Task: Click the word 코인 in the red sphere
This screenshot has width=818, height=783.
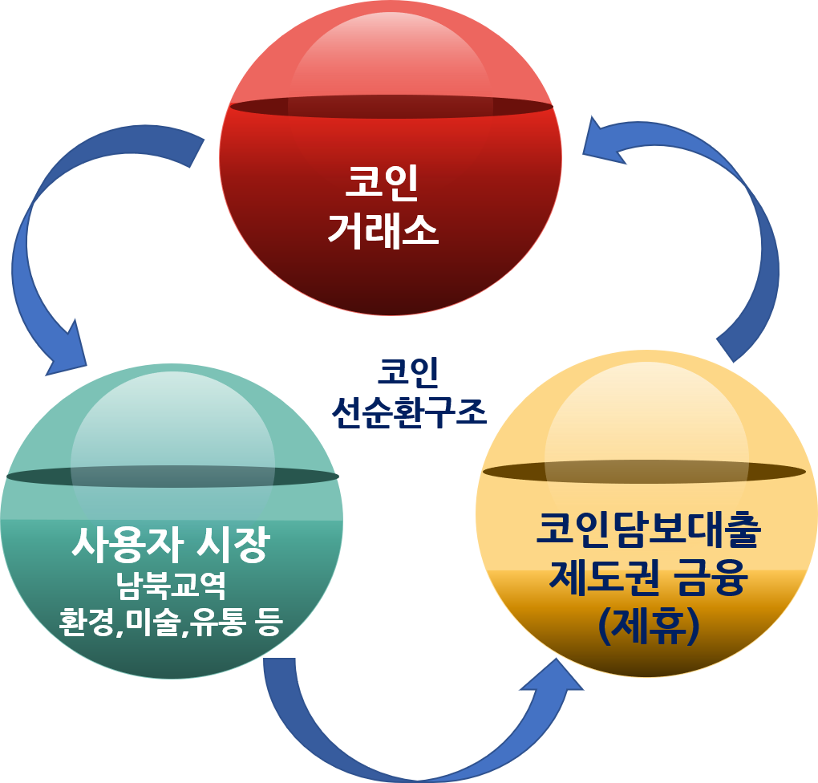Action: click(382, 182)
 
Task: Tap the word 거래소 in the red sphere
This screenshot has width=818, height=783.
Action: click(383, 231)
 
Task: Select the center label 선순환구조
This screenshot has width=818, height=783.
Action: click(409, 412)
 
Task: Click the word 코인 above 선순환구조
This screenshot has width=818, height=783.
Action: click(408, 373)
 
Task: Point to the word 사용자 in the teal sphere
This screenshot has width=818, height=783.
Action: click(127, 545)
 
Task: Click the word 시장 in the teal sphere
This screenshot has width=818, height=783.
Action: click(233, 545)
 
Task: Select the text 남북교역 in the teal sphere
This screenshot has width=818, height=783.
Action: click(171, 586)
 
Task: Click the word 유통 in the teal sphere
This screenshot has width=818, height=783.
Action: click(217, 622)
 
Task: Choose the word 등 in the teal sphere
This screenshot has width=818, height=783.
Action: click(269, 622)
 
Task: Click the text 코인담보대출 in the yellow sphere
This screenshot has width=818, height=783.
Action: click(649, 529)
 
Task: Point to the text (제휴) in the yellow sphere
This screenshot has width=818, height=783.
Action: click(649, 626)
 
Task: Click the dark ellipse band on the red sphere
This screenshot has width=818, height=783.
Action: click(391, 107)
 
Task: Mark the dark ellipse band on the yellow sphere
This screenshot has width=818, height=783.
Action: click(644, 472)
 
